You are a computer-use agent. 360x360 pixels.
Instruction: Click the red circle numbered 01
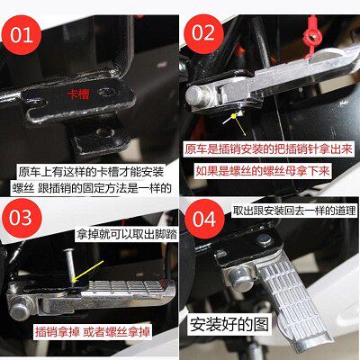[x=22, y=35]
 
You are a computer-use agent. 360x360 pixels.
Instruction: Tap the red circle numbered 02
[x=203, y=33]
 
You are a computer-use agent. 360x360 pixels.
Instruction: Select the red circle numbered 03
[x=21, y=218]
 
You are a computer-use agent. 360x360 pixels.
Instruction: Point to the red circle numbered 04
[x=204, y=219]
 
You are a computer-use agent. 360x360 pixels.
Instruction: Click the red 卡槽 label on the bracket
[x=78, y=95]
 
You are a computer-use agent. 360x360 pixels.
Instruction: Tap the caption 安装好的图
[x=229, y=325]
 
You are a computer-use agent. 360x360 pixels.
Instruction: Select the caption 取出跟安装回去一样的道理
[x=294, y=211]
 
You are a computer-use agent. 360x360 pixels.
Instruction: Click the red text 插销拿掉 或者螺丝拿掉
[x=92, y=332]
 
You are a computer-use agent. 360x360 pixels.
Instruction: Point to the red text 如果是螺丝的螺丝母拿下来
[x=263, y=171]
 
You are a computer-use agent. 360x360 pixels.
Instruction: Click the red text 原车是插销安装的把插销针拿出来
[x=268, y=149]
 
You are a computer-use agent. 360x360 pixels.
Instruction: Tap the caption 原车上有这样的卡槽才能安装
[x=91, y=172]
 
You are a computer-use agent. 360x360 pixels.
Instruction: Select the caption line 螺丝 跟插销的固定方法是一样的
[x=92, y=188]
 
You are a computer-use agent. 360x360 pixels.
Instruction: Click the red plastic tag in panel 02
[x=311, y=36]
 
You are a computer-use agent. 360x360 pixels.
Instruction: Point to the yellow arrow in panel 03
[x=88, y=271]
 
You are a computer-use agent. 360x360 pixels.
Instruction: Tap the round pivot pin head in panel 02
[x=196, y=95]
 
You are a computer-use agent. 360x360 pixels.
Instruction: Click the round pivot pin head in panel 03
[x=21, y=311]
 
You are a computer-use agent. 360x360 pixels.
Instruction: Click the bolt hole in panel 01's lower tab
[x=103, y=132]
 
